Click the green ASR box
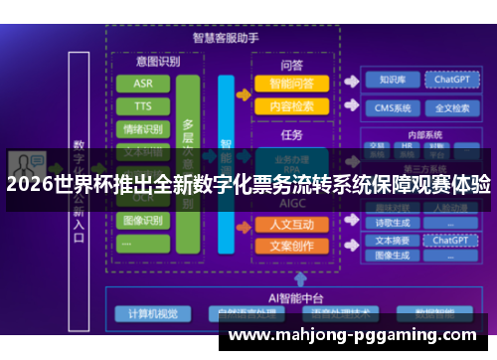click(143, 84)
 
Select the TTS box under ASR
click(143, 105)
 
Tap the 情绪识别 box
click(143, 128)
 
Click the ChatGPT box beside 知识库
click(451, 80)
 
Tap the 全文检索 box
click(451, 108)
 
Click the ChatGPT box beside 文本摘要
click(451, 240)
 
